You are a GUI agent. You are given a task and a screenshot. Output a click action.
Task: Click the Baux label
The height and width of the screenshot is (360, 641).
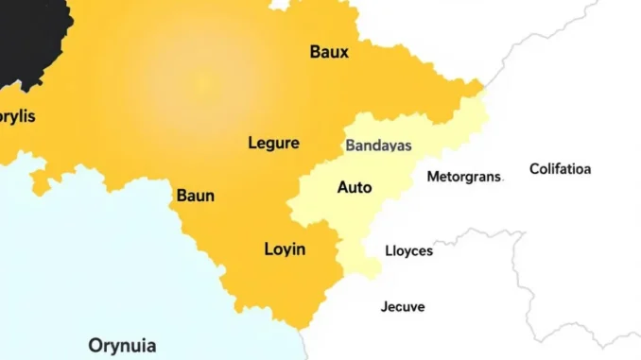329,52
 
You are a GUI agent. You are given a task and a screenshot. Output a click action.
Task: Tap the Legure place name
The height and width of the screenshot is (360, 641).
273,144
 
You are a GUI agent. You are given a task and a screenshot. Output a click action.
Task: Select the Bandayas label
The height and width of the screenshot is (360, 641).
378,146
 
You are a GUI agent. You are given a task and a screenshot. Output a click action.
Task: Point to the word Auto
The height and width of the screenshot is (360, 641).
355,187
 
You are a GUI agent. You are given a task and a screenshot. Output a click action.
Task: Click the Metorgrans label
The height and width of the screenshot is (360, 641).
464,176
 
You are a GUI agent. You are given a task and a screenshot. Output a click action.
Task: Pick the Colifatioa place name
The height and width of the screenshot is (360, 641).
560,169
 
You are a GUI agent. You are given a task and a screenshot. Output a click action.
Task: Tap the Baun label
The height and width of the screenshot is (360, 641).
196,197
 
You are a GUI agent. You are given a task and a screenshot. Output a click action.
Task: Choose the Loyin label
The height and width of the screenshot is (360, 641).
285,249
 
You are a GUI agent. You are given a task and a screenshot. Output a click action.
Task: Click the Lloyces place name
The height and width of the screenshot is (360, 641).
409,250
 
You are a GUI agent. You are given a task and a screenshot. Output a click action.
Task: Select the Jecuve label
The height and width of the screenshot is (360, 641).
403,306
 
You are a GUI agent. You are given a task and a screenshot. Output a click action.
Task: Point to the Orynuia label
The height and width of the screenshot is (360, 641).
122,345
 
